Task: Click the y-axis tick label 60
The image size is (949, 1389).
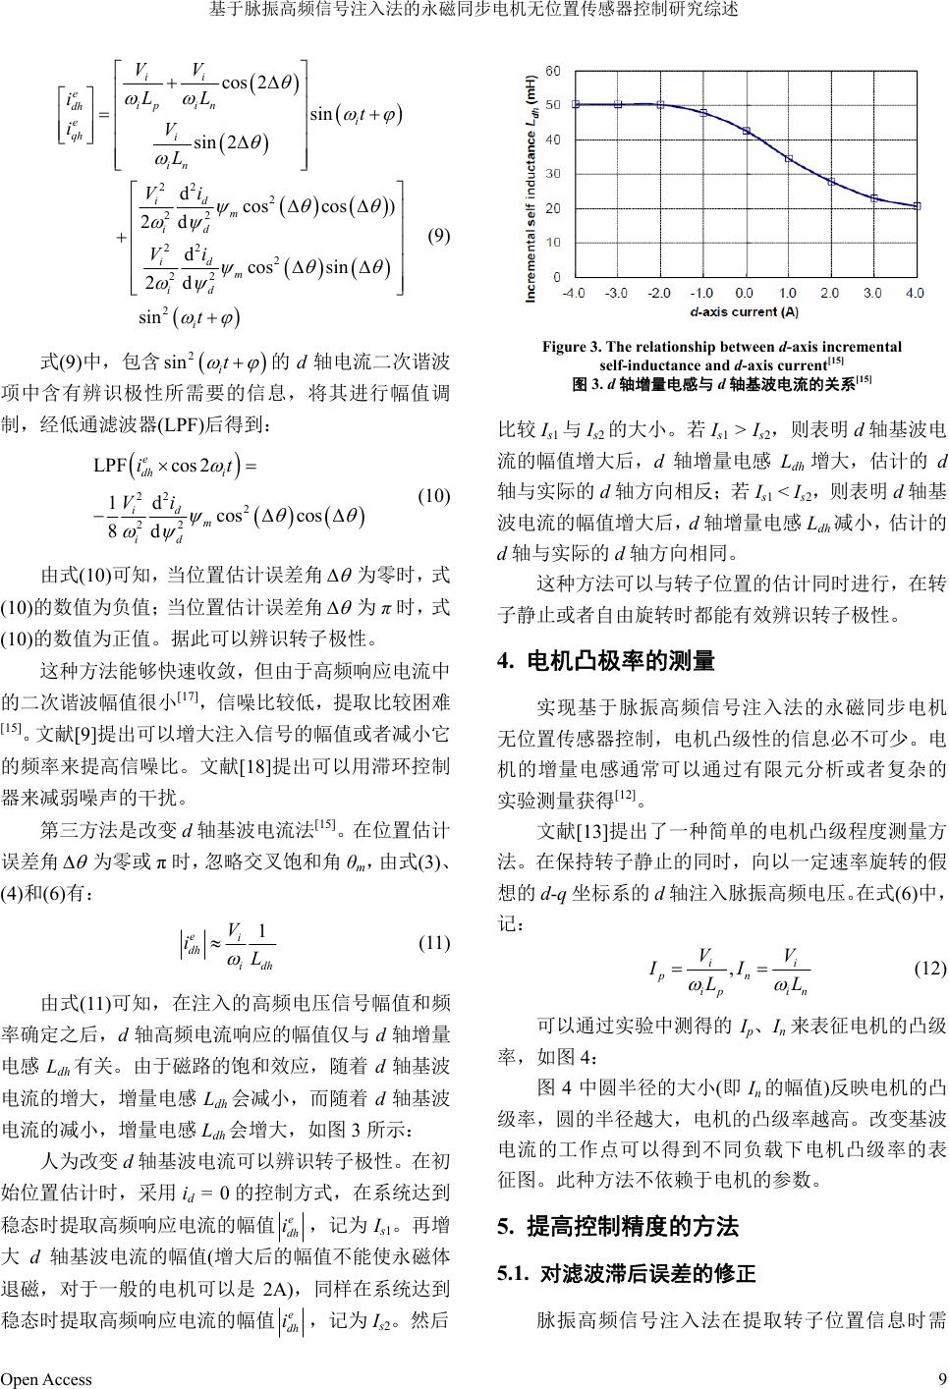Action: pyautogui.click(x=553, y=71)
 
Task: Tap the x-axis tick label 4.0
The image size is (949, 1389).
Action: pyautogui.click(x=915, y=293)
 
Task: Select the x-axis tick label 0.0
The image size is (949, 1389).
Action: pyautogui.click(x=744, y=293)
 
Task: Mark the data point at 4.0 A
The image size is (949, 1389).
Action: pyautogui.click(x=917, y=205)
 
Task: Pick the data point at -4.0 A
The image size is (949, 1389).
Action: pyautogui.click(x=576, y=104)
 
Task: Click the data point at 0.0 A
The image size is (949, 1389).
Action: pyautogui.click(x=746, y=131)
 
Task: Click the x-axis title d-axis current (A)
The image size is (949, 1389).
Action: pyautogui.click(x=744, y=311)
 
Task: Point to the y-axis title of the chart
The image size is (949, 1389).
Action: pyautogui.click(x=531, y=187)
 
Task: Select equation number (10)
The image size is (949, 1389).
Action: pyautogui.click(x=433, y=496)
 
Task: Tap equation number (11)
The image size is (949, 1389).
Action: pyautogui.click(x=433, y=943)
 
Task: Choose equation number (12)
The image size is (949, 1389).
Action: pyautogui.click(x=929, y=968)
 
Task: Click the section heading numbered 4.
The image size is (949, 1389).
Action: pyautogui.click(x=606, y=661)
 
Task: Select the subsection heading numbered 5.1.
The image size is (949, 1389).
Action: pyautogui.click(x=627, y=1275)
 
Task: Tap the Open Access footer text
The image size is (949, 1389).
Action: pyautogui.click(x=46, y=1378)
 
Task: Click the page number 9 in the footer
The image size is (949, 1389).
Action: pyautogui.click(x=941, y=1378)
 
